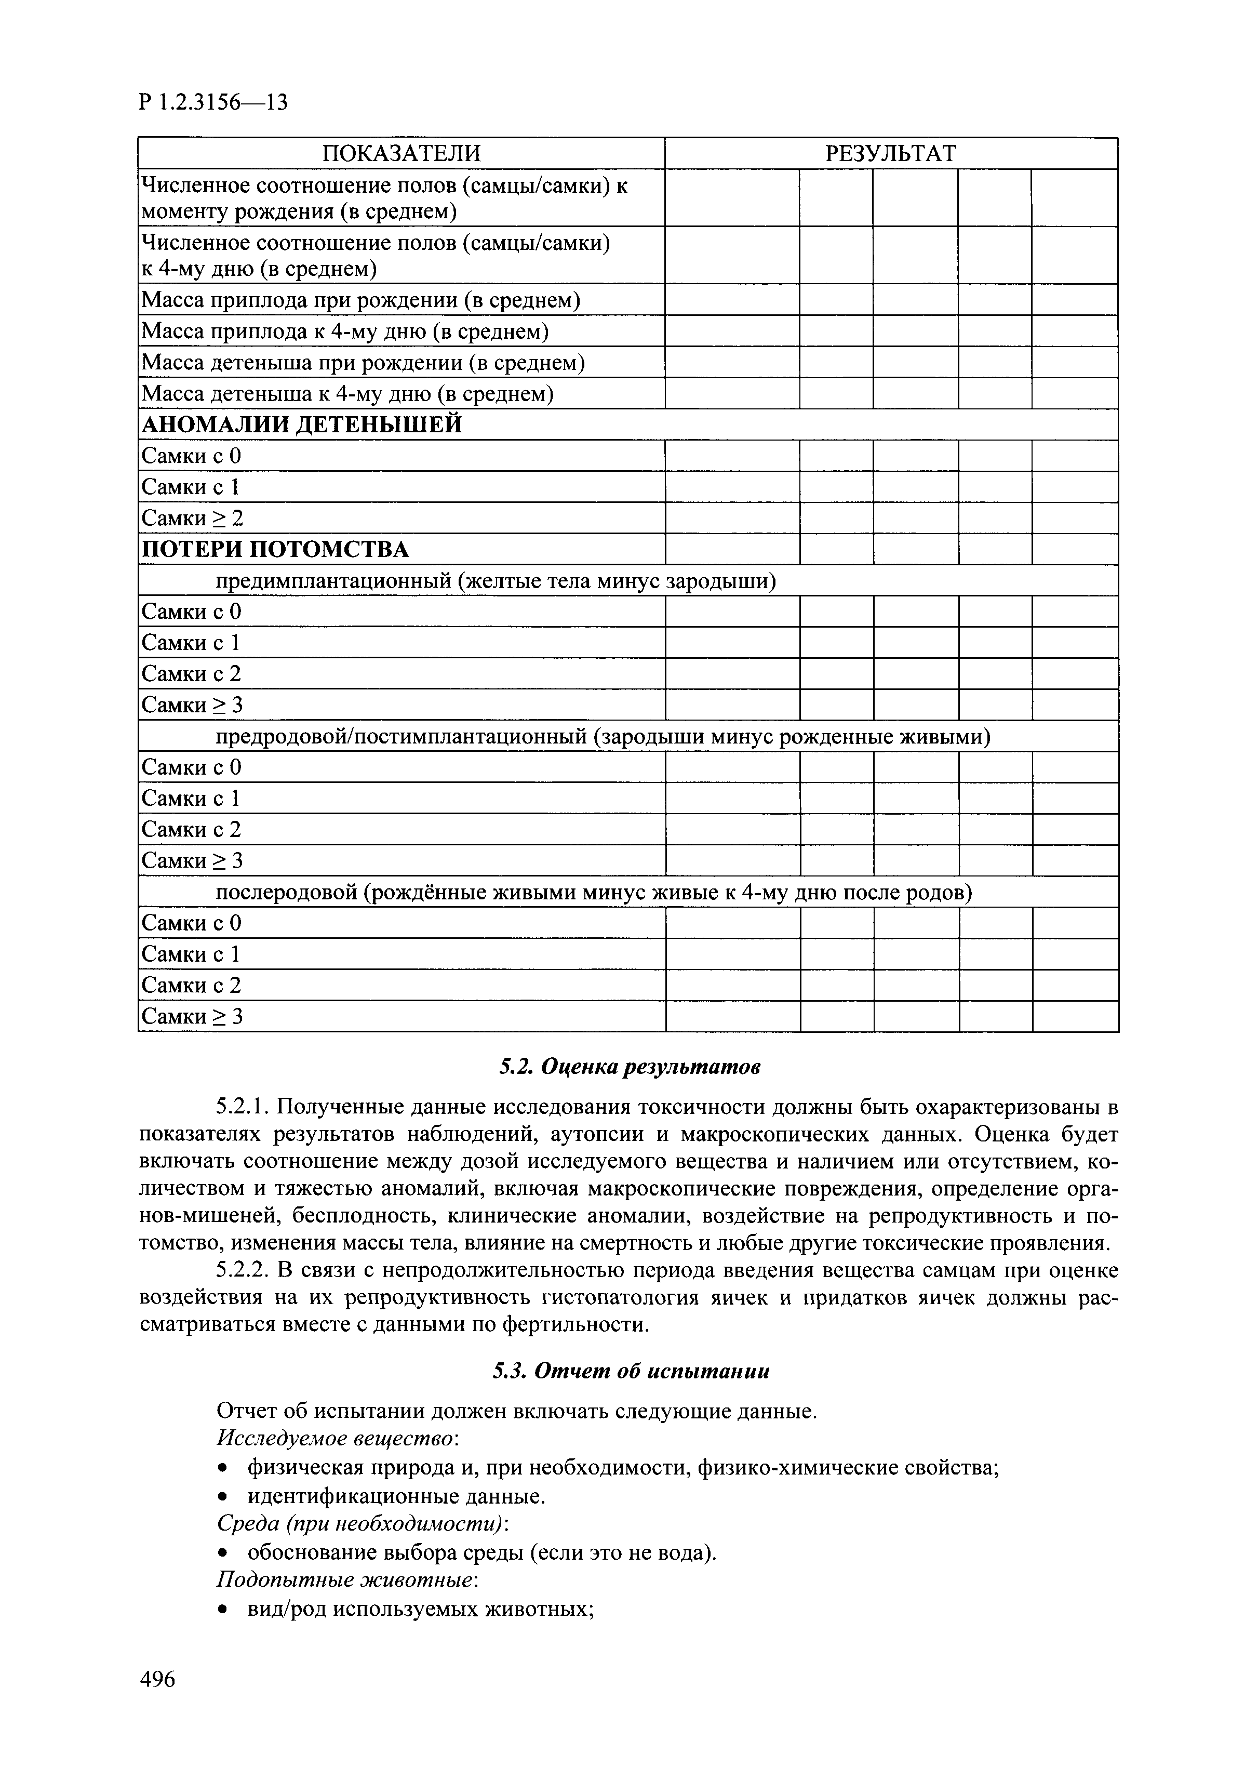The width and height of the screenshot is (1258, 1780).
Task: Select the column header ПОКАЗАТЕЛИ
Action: tap(401, 153)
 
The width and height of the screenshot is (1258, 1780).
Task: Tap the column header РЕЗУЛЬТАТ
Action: tap(891, 153)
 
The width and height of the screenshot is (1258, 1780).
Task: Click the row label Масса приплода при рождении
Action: tap(360, 300)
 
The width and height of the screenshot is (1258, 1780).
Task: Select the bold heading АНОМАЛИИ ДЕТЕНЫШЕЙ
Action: tap(302, 425)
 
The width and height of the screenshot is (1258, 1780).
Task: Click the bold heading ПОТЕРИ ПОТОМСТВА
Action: tap(274, 550)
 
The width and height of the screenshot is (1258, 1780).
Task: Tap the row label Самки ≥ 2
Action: tap(192, 518)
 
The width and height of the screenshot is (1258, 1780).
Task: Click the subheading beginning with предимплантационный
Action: tap(496, 581)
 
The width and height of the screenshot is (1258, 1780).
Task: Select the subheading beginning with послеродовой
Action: tap(593, 892)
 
